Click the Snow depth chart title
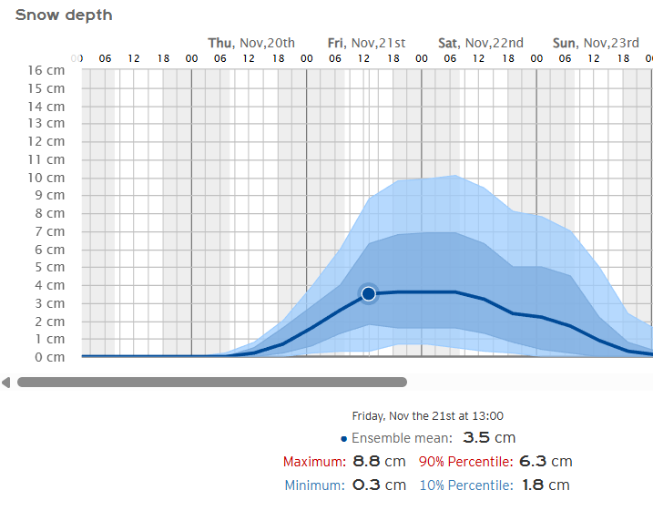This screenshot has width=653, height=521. coord(64,15)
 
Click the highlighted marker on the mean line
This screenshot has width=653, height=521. coord(368,293)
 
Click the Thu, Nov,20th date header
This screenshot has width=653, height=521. coord(251,43)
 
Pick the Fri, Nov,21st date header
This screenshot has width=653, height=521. coord(366,43)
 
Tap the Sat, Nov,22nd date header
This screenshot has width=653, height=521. coord(481,43)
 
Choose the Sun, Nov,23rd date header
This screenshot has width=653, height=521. coord(596,43)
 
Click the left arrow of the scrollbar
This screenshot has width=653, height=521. coord(6,383)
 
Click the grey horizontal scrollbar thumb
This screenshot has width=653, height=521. coord(211,383)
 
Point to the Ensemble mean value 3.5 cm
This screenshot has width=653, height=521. coord(489,438)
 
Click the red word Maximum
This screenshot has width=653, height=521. coord(313,462)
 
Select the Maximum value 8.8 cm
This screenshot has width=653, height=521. coord(379,462)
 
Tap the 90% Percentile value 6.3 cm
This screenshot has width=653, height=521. coord(546,462)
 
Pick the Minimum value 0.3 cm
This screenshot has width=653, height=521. coord(379,485)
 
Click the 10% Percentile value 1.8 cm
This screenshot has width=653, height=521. coord(546,485)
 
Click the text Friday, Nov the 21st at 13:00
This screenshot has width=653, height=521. coord(428,416)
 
